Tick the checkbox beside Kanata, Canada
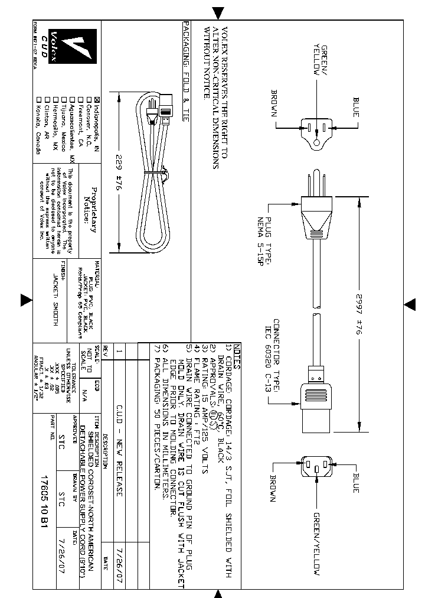pyautogui.click(x=39, y=99)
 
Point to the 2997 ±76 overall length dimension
pyautogui.click(x=358, y=316)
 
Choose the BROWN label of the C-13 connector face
pyautogui.click(x=273, y=488)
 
